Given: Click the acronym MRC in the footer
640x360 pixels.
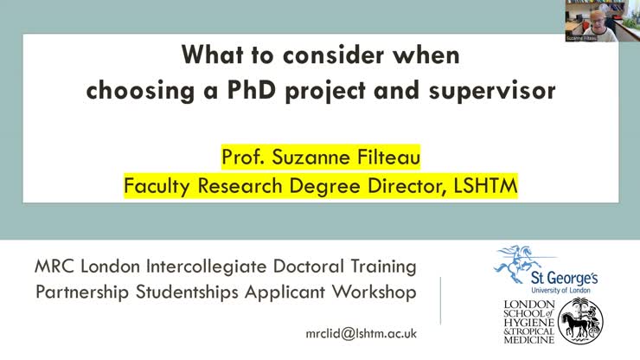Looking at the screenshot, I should pos(56,267).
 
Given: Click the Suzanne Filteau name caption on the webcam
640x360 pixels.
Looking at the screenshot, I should pos(583,38).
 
